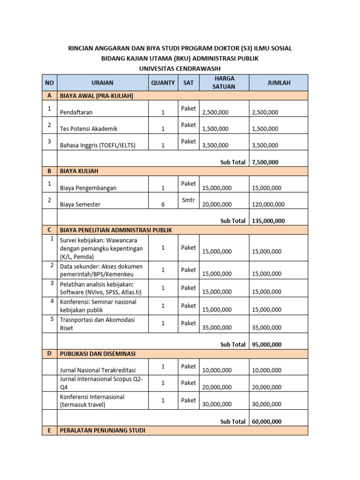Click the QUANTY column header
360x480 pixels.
point(163,82)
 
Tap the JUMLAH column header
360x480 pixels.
point(278,82)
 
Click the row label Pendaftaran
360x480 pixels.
point(76,112)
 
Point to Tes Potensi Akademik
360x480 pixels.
point(89,129)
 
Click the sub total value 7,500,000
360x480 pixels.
point(265,162)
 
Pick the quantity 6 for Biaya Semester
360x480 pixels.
point(163,204)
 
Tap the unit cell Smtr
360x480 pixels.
point(188,200)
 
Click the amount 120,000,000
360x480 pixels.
point(268,204)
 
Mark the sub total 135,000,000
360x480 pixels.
point(268,221)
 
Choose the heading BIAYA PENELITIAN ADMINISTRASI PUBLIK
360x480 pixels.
point(116,230)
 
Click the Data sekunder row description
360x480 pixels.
point(101,270)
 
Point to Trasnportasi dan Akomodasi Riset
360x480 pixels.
point(97,323)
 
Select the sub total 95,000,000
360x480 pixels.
point(267,345)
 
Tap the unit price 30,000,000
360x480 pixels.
point(217,405)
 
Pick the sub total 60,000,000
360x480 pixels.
point(267,421)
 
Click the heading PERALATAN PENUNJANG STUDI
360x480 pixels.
point(102,430)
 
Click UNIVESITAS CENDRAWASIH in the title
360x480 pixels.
point(180,68)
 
